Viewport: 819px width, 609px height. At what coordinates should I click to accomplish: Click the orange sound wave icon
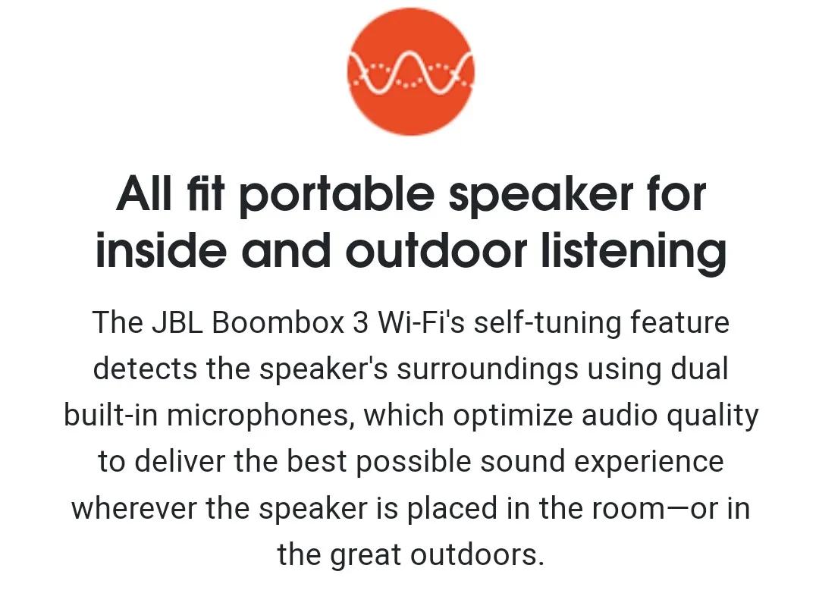coord(410,71)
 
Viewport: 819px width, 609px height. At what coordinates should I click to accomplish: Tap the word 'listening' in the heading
coord(633,251)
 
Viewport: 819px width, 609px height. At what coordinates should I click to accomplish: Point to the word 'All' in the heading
coord(143,193)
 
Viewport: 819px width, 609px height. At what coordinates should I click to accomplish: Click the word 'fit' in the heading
coord(206,193)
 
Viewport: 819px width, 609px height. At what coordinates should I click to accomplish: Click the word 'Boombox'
coord(278,322)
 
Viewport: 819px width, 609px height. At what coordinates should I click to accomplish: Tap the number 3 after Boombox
coord(360,322)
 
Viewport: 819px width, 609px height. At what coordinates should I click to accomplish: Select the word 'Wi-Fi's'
coord(420,322)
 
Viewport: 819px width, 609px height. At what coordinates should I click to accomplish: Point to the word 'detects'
coord(145,369)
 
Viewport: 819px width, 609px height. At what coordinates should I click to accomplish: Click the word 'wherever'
coord(134,508)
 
